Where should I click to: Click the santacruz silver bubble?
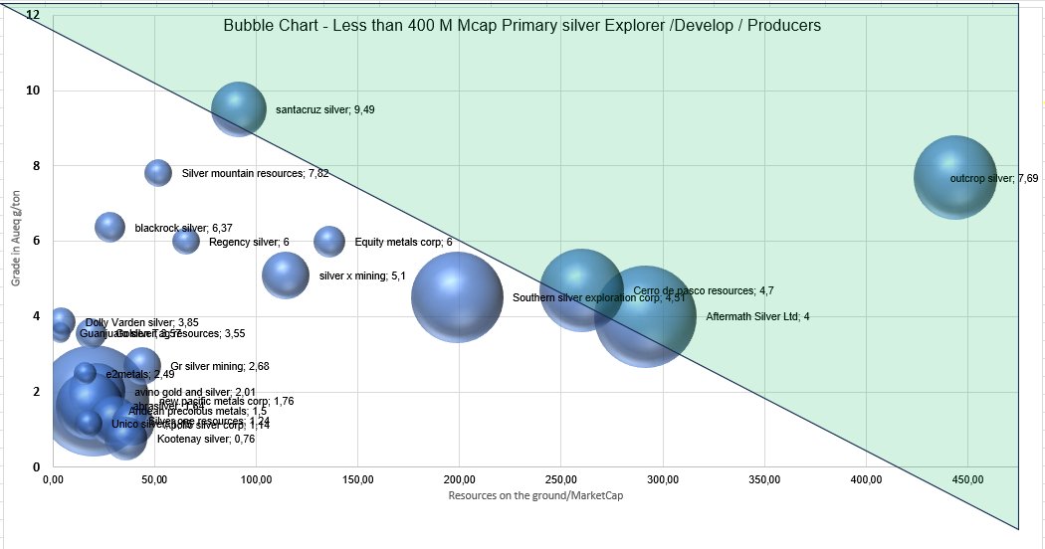(239, 109)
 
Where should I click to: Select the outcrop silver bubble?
(955, 177)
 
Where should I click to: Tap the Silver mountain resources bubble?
(158, 172)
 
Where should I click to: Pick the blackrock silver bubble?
(110, 227)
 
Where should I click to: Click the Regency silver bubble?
(186, 241)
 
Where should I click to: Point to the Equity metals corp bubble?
(329, 241)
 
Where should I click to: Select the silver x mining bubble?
(286, 274)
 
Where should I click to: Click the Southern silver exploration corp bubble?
(457, 296)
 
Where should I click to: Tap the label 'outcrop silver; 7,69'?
(994, 179)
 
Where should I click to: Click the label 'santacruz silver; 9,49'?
(324, 110)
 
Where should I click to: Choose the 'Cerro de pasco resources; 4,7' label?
(703, 291)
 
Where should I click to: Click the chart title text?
(522, 26)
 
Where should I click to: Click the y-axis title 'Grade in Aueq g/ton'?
(16, 239)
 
